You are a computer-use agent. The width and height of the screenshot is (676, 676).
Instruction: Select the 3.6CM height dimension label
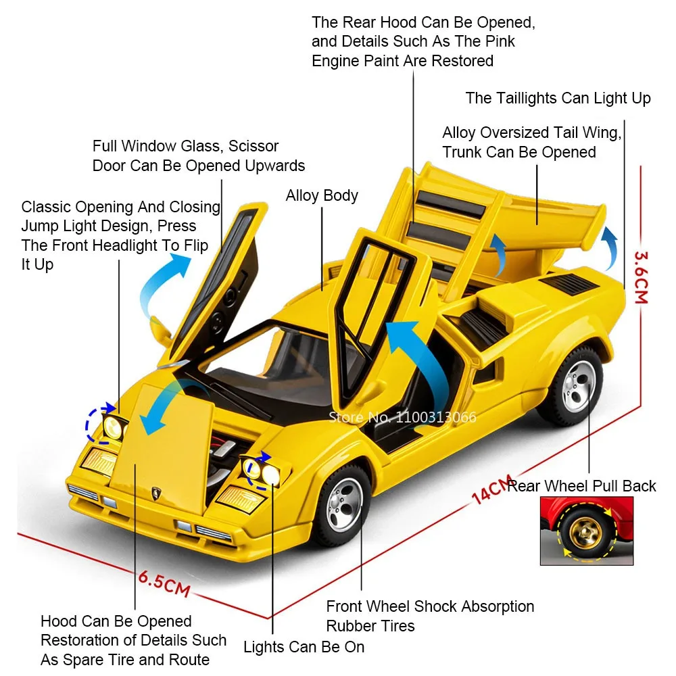coord(640,278)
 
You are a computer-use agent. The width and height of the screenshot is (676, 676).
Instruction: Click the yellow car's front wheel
coord(345,504)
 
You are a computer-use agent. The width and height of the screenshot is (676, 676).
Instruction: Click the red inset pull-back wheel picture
coord(586,531)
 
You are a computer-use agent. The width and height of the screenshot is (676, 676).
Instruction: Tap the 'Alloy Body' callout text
coord(322,196)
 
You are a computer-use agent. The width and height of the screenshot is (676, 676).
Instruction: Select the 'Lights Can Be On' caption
coord(304,647)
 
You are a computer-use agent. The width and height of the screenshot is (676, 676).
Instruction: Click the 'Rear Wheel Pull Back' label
coord(581,486)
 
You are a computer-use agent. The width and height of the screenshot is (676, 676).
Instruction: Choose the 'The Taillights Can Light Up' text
coord(558,99)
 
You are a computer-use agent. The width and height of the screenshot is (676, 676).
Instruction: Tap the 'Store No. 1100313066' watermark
coord(402,417)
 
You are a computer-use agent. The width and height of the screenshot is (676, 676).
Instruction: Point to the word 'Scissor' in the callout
coord(254,146)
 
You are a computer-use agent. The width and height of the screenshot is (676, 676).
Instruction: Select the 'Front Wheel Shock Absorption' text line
coord(430,606)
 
